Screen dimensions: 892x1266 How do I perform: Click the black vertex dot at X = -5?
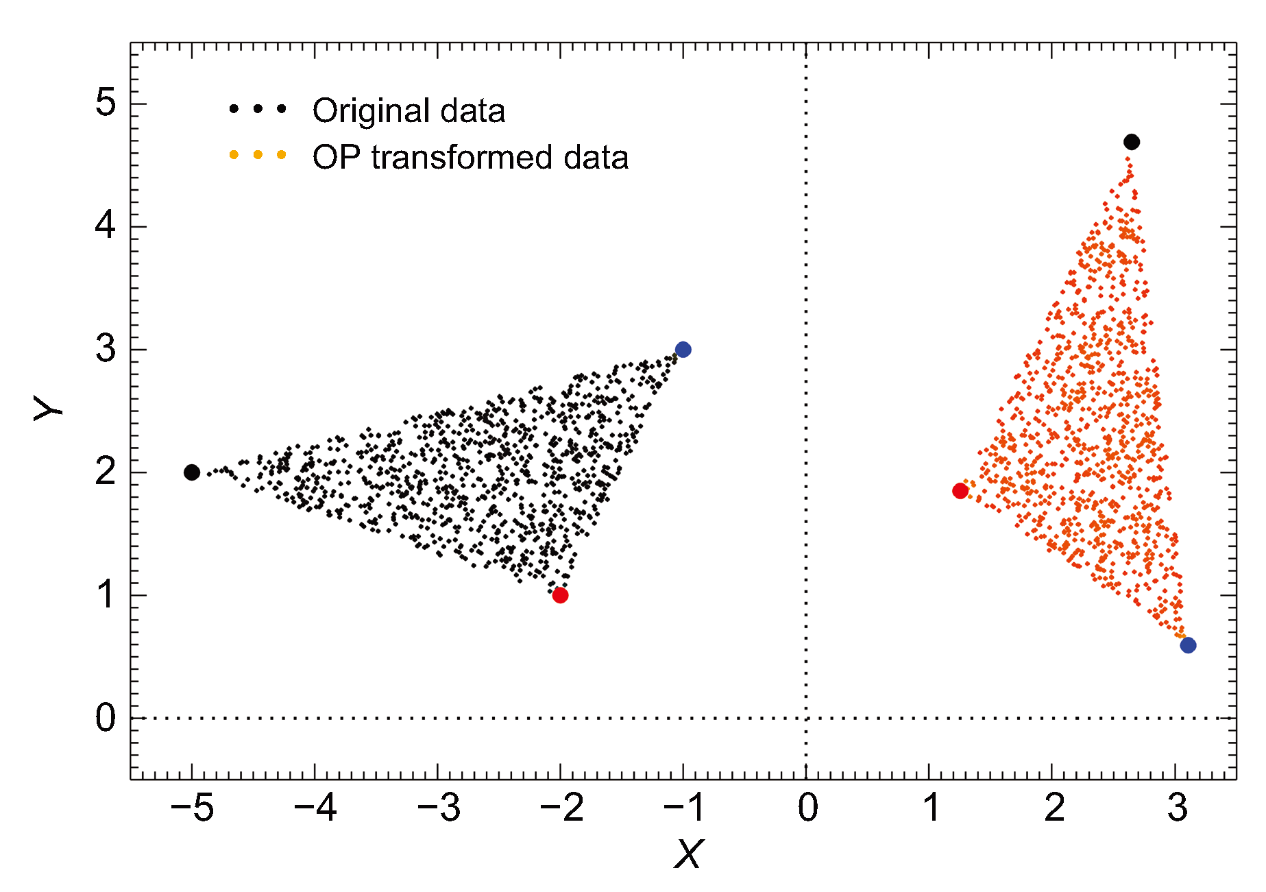pyautogui.click(x=192, y=472)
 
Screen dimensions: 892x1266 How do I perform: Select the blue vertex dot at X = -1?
pyautogui.click(x=683, y=350)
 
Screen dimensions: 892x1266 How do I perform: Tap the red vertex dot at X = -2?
pyautogui.click(x=560, y=595)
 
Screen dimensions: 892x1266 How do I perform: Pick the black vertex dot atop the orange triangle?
pyautogui.click(x=1132, y=142)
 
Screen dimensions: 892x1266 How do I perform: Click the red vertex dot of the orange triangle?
pyautogui.click(x=960, y=491)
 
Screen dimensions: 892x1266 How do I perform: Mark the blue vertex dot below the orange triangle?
pyautogui.click(x=1188, y=645)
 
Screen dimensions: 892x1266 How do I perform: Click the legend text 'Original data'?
pyautogui.click(x=409, y=111)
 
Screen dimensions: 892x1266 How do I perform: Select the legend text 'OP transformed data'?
pyautogui.click(x=470, y=158)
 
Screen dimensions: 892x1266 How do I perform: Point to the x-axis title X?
pyautogui.click(x=688, y=855)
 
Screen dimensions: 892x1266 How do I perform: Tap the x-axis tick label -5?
pyautogui.click(x=192, y=808)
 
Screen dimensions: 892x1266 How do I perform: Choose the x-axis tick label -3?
pyautogui.click(x=439, y=808)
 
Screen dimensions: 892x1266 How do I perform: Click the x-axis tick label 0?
pyautogui.click(x=807, y=808)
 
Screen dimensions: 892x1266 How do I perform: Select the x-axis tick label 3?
pyautogui.click(x=1177, y=808)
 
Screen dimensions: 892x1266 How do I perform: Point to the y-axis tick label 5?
pyautogui.click(x=106, y=104)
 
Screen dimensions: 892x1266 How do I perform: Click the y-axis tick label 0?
pyautogui.click(x=106, y=718)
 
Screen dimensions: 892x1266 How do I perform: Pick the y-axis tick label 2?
pyautogui.click(x=106, y=472)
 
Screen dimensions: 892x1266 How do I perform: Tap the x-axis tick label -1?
pyautogui.click(x=684, y=808)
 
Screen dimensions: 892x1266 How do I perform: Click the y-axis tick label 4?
pyautogui.click(x=106, y=226)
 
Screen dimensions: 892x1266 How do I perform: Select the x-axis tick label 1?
pyautogui.click(x=931, y=808)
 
